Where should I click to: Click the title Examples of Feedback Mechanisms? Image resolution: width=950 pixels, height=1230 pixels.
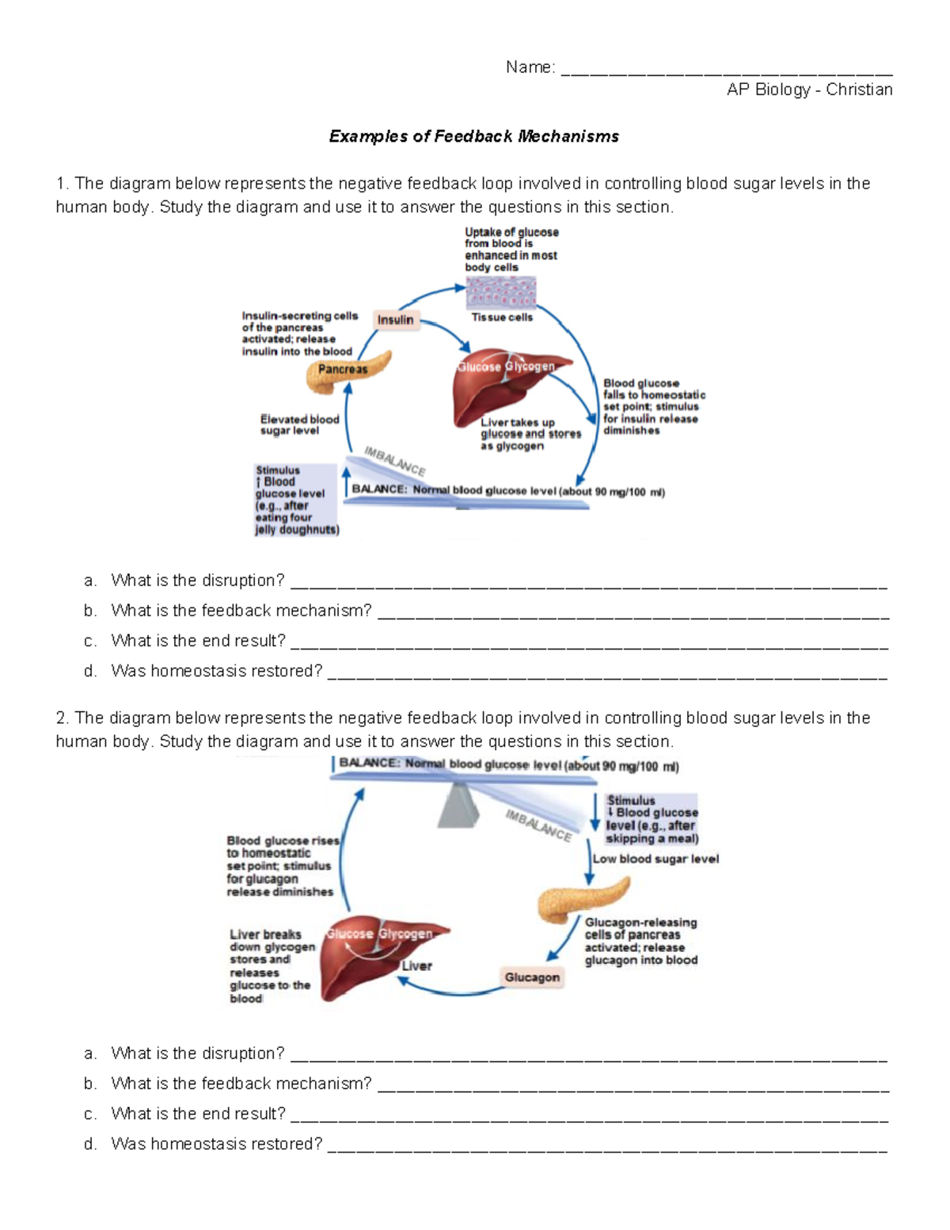[x=473, y=136]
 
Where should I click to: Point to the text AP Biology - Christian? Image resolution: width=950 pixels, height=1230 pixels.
[x=809, y=89]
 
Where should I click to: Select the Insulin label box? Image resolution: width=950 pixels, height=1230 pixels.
[x=395, y=320]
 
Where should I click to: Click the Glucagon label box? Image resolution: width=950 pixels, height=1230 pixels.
[x=531, y=977]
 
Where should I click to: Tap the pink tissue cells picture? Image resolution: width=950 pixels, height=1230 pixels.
[x=500, y=292]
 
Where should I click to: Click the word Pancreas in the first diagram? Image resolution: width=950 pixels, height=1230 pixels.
[x=343, y=369]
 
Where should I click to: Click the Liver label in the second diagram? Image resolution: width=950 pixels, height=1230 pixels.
[x=416, y=965]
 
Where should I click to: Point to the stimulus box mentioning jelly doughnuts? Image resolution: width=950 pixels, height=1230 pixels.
[x=295, y=500]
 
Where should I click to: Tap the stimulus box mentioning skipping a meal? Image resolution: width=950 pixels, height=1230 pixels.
[x=651, y=819]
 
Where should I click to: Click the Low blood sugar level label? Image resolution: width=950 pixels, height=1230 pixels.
[x=655, y=859]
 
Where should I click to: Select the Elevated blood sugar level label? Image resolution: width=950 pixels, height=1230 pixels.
[x=299, y=425]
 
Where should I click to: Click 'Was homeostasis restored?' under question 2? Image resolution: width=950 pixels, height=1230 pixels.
[x=216, y=1144]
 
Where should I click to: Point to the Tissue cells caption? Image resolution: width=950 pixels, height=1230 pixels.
[x=502, y=318]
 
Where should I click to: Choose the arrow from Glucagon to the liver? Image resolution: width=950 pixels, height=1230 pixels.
[x=447, y=988]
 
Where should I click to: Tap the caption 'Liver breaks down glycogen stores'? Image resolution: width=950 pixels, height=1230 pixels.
[x=270, y=965]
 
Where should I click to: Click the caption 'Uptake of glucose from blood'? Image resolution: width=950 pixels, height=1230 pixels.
[x=511, y=249]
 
